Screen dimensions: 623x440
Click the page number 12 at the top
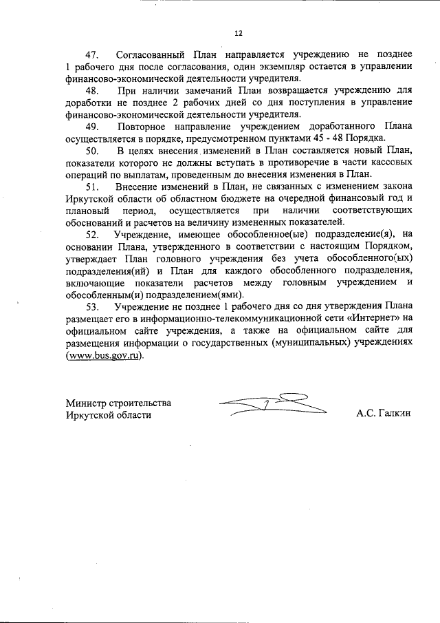(x=238, y=32)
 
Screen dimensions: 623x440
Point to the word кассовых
(x=392, y=163)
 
